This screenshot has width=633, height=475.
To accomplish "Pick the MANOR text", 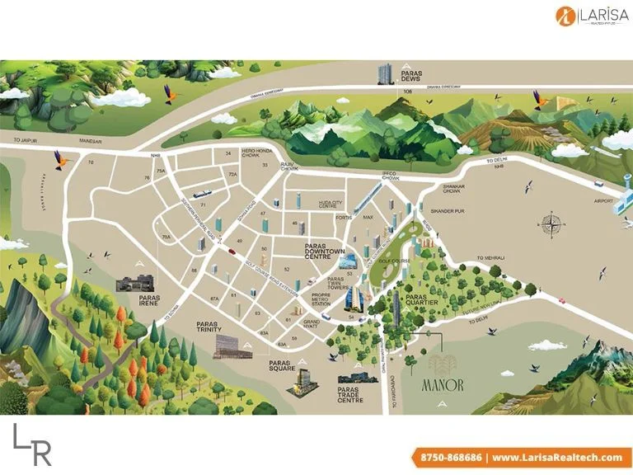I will tap(443, 383).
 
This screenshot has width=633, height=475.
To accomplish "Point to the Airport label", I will tap(604, 200).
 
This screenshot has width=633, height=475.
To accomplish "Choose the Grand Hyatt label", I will tap(312, 323).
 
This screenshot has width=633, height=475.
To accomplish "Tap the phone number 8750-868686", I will tap(447, 457).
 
